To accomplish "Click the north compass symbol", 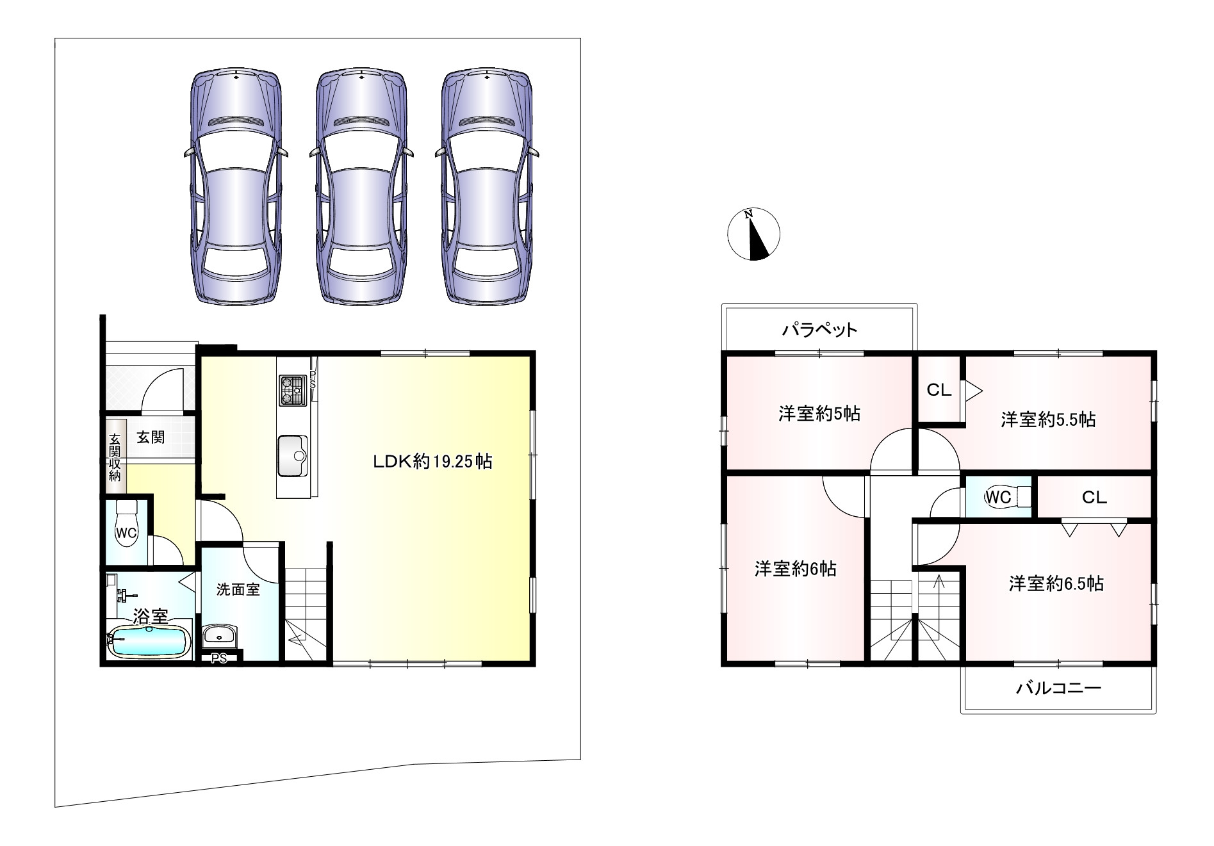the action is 754,234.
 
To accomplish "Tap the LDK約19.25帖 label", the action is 433,461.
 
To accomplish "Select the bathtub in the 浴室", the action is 149,640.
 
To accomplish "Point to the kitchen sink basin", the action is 293,455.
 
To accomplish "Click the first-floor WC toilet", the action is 126,526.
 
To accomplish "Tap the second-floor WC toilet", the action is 1005,496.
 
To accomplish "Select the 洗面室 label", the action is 238,589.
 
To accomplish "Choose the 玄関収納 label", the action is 115,457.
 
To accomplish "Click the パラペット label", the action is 819,330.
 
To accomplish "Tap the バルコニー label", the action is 1058,688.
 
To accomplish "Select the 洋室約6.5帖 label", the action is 1056,583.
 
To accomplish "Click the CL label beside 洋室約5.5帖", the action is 939,390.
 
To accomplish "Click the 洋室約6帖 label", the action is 795,569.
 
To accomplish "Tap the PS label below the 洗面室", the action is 220,658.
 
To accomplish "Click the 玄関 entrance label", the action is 151,437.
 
